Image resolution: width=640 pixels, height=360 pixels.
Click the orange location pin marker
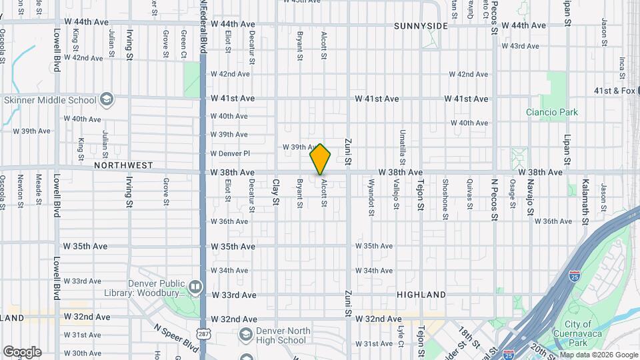pyautogui.click(x=321, y=159)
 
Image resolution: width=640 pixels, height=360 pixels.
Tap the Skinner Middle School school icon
pyautogui.click(x=106, y=101)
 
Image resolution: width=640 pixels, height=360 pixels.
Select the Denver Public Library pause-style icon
pyautogui.click(x=195, y=287)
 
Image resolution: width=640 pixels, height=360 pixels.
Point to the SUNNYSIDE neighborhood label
pyautogui.click(x=421, y=26)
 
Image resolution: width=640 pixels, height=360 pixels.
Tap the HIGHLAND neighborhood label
pyautogui.click(x=421, y=295)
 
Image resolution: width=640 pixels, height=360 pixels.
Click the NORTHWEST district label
pyautogui.click(x=123, y=165)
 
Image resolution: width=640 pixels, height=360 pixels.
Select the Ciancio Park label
pyautogui.click(x=551, y=113)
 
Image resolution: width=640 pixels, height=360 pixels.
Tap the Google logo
pyautogui.click(x=21, y=352)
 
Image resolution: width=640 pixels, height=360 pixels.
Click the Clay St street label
pyautogui.click(x=275, y=191)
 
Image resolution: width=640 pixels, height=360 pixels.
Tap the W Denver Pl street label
pyautogui.click(x=229, y=153)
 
